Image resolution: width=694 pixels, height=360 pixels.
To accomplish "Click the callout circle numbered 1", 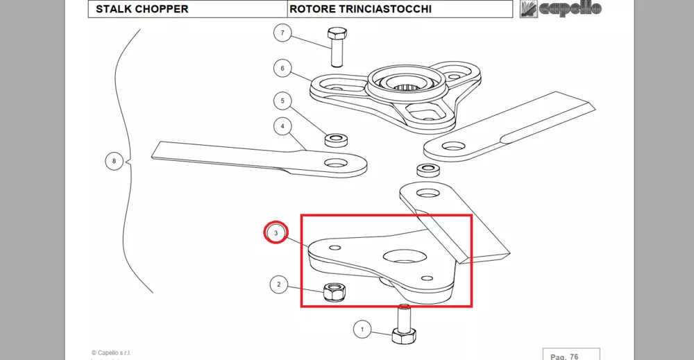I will click(362, 329).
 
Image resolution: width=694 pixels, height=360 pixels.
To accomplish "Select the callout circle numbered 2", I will click(278, 284).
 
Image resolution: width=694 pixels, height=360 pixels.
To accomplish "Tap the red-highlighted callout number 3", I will click(276, 233).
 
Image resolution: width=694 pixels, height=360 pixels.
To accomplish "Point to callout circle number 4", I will click(282, 126).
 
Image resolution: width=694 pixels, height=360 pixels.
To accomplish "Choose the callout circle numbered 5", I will click(282, 101).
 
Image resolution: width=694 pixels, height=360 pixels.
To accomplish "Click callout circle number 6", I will click(282, 68).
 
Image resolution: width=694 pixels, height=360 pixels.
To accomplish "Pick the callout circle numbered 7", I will click(282, 33).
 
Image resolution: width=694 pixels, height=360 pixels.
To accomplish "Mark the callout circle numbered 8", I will click(114, 162).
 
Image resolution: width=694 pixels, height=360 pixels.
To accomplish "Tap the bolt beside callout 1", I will click(403, 325).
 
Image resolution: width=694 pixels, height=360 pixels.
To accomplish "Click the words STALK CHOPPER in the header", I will click(142, 10).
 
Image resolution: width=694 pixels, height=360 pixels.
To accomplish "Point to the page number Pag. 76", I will click(564, 356).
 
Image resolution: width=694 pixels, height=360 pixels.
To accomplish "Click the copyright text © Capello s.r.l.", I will click(111, 353).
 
